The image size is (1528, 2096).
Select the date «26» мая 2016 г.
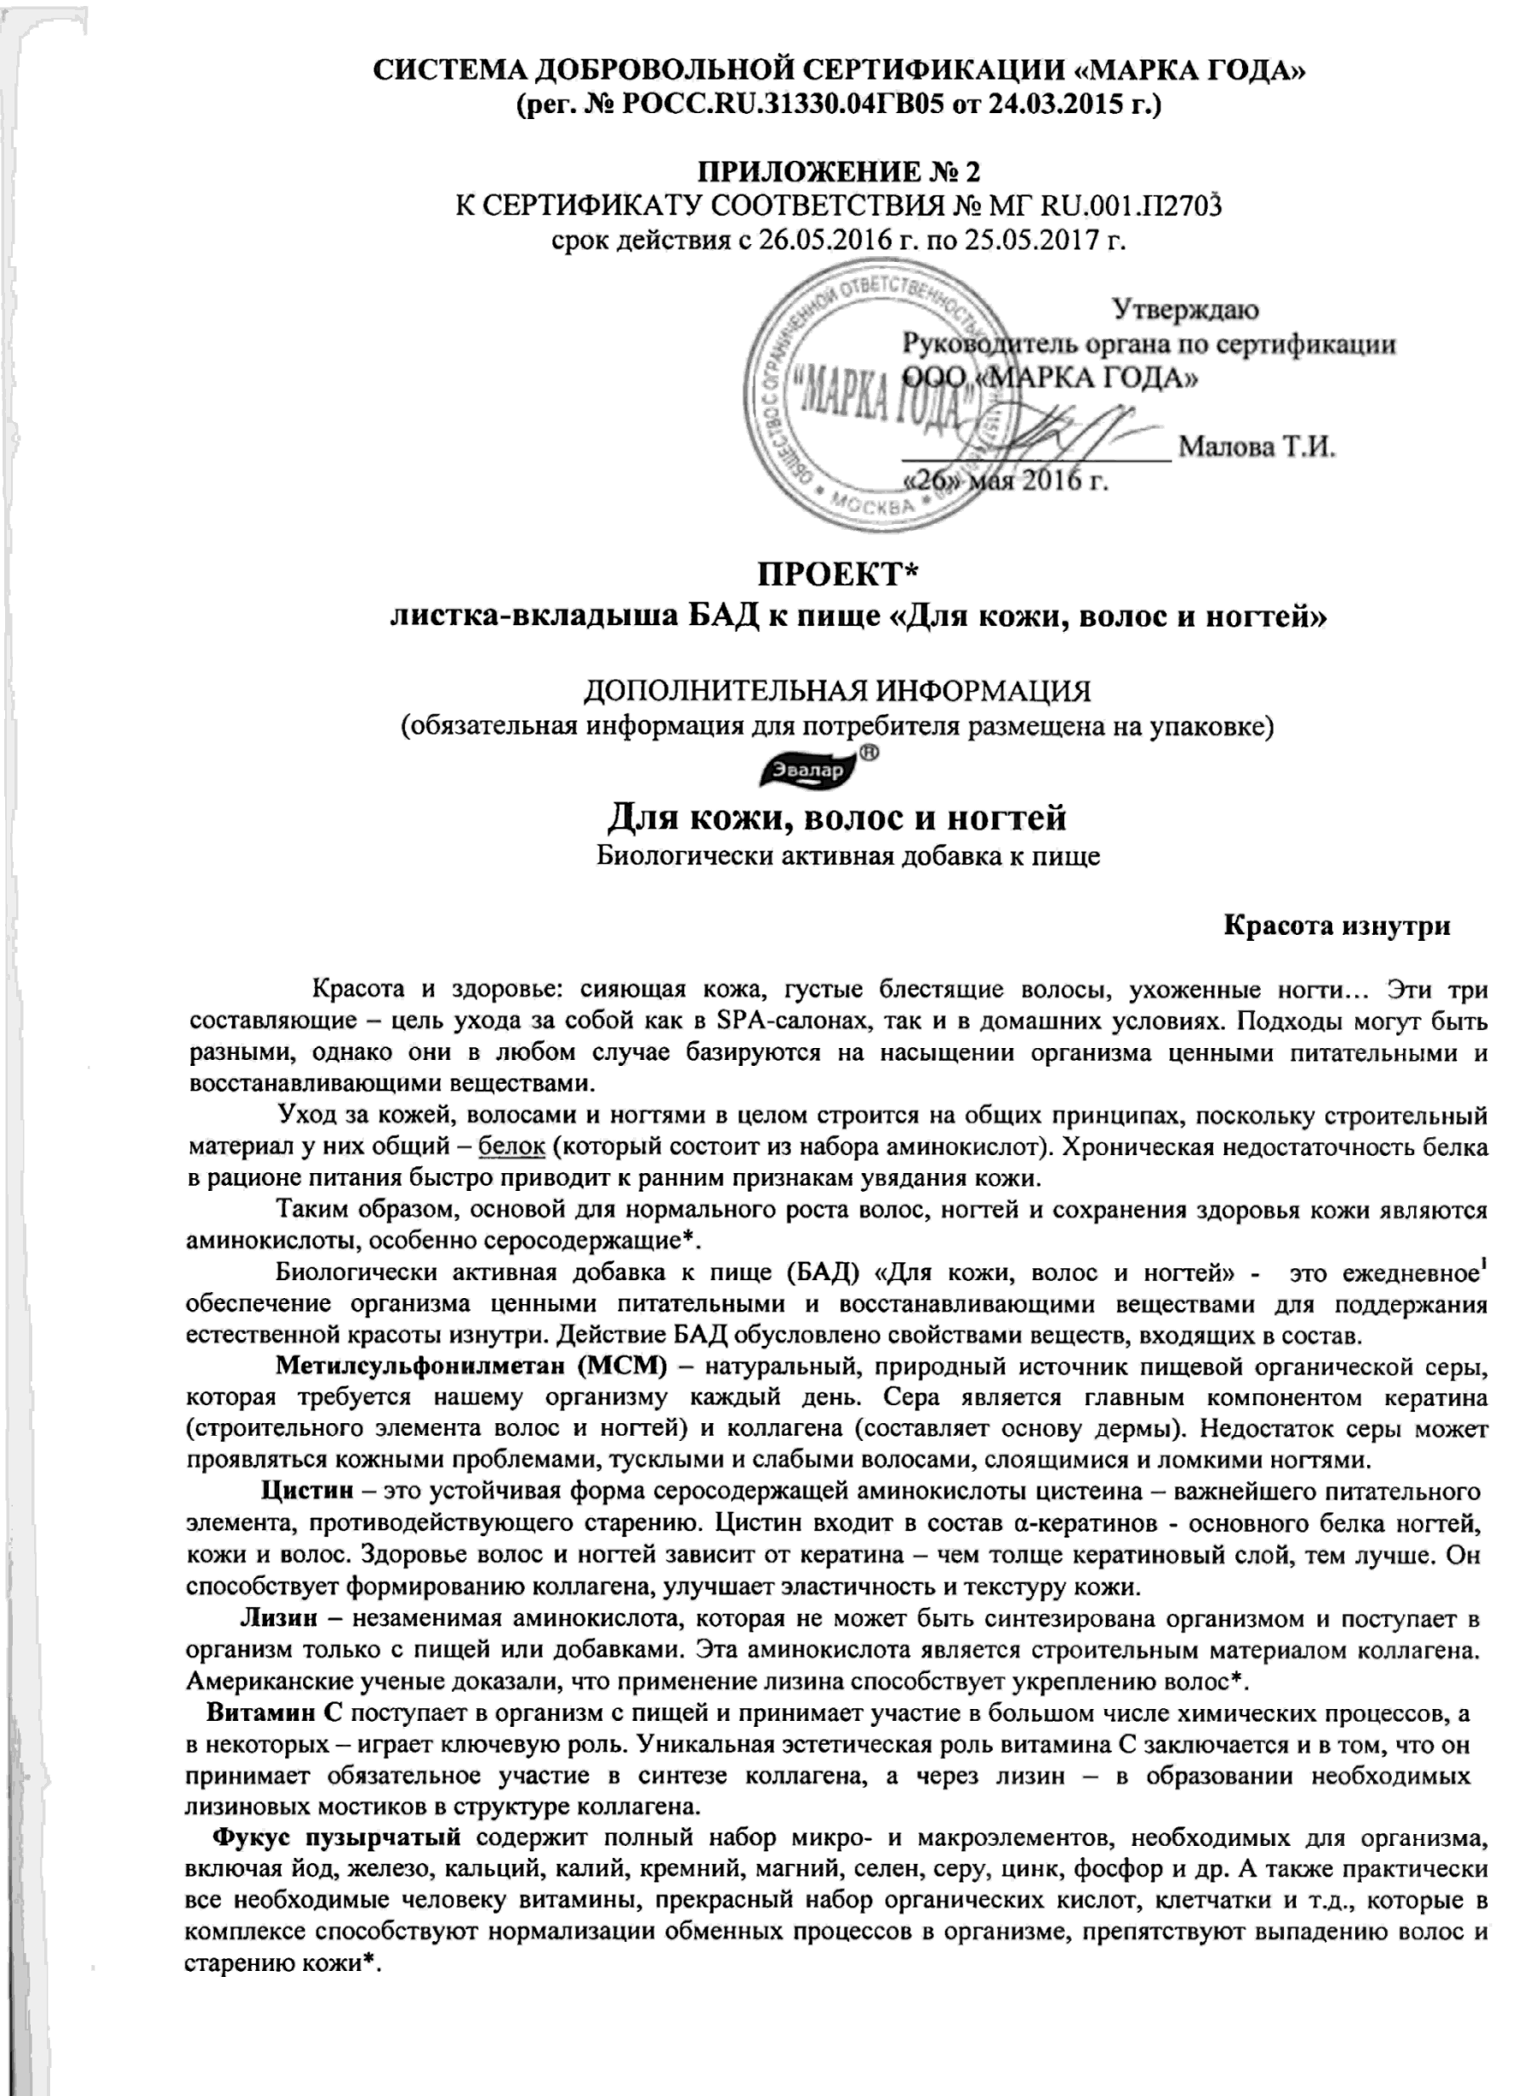[x=1006, y=481]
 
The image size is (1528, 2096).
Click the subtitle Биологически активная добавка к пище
[x=847, y=855]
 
